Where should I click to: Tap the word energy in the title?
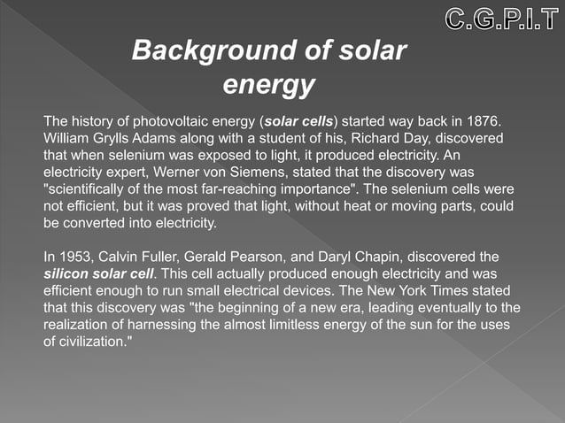268,86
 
